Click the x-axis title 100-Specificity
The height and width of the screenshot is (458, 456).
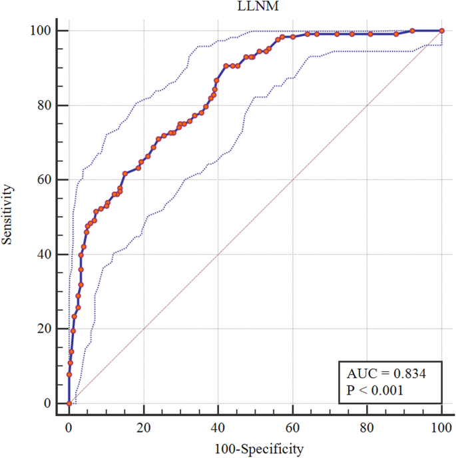(x=255, y=449)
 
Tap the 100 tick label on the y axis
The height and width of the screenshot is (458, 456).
(x=41, y=31)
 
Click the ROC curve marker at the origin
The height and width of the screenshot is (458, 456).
(x=69, y=403)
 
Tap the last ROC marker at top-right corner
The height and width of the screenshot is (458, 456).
(x=441, y=31)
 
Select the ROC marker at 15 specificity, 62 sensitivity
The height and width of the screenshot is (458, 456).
(x=125, y=173)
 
